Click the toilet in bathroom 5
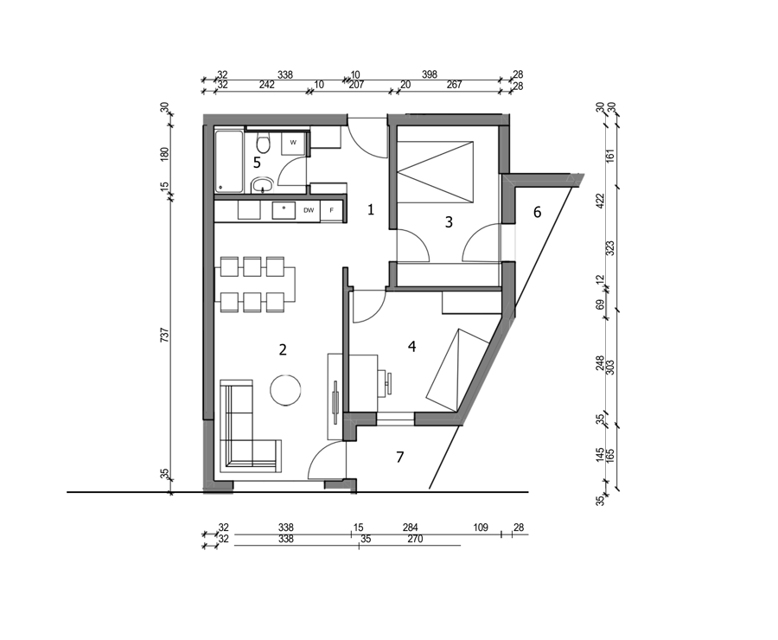pyautogui.click(x=263, y=144)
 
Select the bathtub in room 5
pyautogui.click(x=229, y=162)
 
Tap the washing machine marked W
pyautogui.click(x=293, y=143)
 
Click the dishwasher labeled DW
pyautogui.click(x=309, y=210)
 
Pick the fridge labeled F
pyautogui.click(x=331, y=210)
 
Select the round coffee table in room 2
pyautogui.click(x=285, y=390)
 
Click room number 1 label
pyautogui.click(x=370, y=209)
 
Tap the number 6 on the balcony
pyautogui.click(x=537, y=213)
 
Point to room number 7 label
pyautogui.click(x=400, y=457)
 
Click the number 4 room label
pyautogui.click(x=411, y=346)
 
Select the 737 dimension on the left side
pyautogui.click(x=165, y=334)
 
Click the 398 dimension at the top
pyautogui.click(x=429, y=74)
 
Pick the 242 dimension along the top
pyautogui.click(x=266, y=85)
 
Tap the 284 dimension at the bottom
pyautogui.click(x=410, y=528)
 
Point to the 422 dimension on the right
pyautogui.click(x=601, y=201)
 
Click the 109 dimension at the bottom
pyautogui.click(x=481, y=528)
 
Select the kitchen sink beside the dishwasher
pyautogui.click(x=284, y=210)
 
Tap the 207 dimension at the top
pyautogui.click(x=356, y=85)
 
